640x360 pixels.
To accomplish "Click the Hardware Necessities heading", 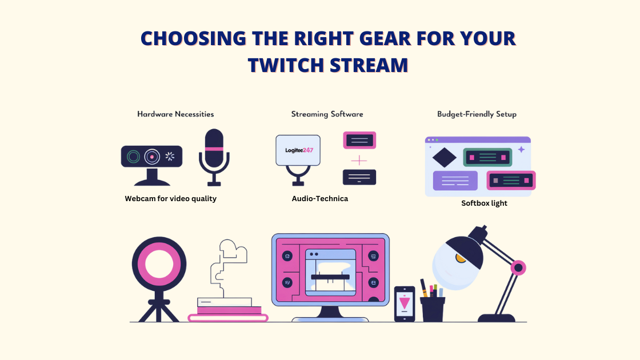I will pos(175,114).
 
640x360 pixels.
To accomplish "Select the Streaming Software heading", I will pos(327,114).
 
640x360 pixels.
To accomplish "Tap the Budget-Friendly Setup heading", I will pos(477,114).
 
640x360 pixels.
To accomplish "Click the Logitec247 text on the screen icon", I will pos(298,150).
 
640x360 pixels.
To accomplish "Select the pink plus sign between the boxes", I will pos(359,161).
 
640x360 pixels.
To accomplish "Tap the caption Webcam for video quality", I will pos(170,199).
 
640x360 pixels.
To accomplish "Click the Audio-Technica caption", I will pos(319,199).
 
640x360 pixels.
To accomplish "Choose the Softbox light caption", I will pos(484,203).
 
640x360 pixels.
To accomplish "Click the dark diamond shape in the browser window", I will pos(445,157).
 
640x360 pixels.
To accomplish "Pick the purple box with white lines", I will pos(455,181).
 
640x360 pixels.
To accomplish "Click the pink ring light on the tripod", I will pos(159,265).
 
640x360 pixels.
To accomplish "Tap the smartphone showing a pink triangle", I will pos(405,303).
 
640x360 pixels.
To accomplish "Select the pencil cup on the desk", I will pos(432,308).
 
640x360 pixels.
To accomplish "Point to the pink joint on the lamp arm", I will pos(518,267).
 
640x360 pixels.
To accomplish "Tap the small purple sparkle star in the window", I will pos(521,149).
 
